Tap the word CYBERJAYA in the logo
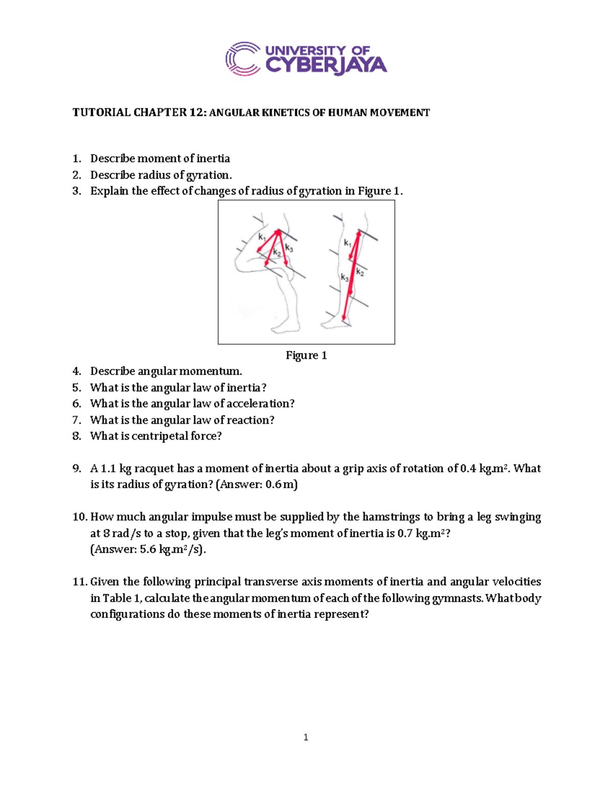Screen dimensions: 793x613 (x=326, y=66)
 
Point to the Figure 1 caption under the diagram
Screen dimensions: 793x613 (x=306, y=355)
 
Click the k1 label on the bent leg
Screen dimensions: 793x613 (x=262, y=237)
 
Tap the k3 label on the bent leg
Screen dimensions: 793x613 (x=289, y=248)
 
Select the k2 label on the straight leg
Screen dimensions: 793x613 (x=360, y=272)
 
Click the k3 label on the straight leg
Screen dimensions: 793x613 (x=345, y=278)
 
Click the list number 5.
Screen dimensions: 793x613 (x=77, y=388)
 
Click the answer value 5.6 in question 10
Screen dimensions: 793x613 (x=148, y=549)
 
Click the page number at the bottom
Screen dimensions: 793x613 (x=305, y=737)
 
